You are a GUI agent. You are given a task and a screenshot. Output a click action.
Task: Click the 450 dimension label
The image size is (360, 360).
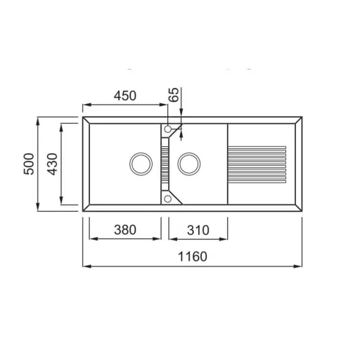(x=125, y=96)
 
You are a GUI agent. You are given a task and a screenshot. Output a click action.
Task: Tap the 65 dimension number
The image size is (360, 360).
(x=174, y=94)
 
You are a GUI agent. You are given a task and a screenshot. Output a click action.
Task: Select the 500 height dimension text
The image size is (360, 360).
(x=29, y=164)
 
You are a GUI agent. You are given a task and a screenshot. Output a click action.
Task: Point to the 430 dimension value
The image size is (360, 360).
(x=52, y=164)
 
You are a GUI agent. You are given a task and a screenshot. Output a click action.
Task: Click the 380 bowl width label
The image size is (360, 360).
(x=125, y=230)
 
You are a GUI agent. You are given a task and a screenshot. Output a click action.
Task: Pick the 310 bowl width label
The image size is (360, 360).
(x=198, y=230)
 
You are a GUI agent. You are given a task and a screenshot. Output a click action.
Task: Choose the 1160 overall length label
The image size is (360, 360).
(x=193, y=256)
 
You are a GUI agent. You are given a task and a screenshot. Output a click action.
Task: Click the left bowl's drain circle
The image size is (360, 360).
(x=141, y=164)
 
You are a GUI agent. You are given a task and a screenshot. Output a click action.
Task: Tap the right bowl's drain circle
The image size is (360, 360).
(x=189, y=164)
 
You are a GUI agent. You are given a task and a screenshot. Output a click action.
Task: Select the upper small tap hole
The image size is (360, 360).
(x=168, y=129)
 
